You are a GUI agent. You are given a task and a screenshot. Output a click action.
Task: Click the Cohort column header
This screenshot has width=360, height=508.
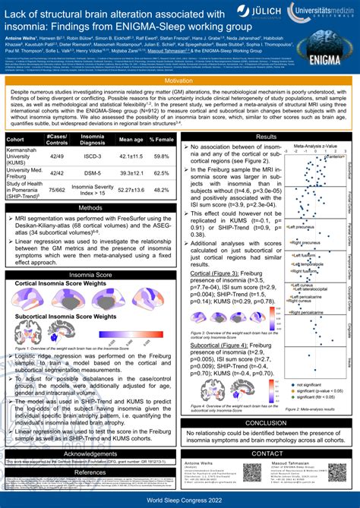(x=15, y=140)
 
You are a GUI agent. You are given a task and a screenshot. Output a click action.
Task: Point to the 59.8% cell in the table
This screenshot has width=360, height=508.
(x=161, y=156)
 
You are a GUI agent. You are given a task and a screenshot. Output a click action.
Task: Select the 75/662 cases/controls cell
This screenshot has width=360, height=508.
(x=56, y=190)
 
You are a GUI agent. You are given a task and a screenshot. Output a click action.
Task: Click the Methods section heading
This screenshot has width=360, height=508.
(x=91, y=207)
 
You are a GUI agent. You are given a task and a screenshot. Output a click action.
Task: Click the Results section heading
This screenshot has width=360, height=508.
(x=267, y=137)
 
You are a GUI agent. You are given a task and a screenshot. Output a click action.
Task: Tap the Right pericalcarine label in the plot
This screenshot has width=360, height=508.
(x=305, y=312)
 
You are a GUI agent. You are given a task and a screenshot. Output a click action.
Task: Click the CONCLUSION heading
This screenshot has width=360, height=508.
(x=267, y=423)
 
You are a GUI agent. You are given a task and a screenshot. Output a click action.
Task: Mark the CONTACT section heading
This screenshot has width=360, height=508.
(x=267, y=453)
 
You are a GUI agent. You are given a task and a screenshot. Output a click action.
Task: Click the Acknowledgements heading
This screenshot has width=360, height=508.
(x=91, y=453)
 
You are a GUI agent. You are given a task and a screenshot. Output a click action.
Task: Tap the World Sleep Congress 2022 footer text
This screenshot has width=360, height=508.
(x=180, y=502)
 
